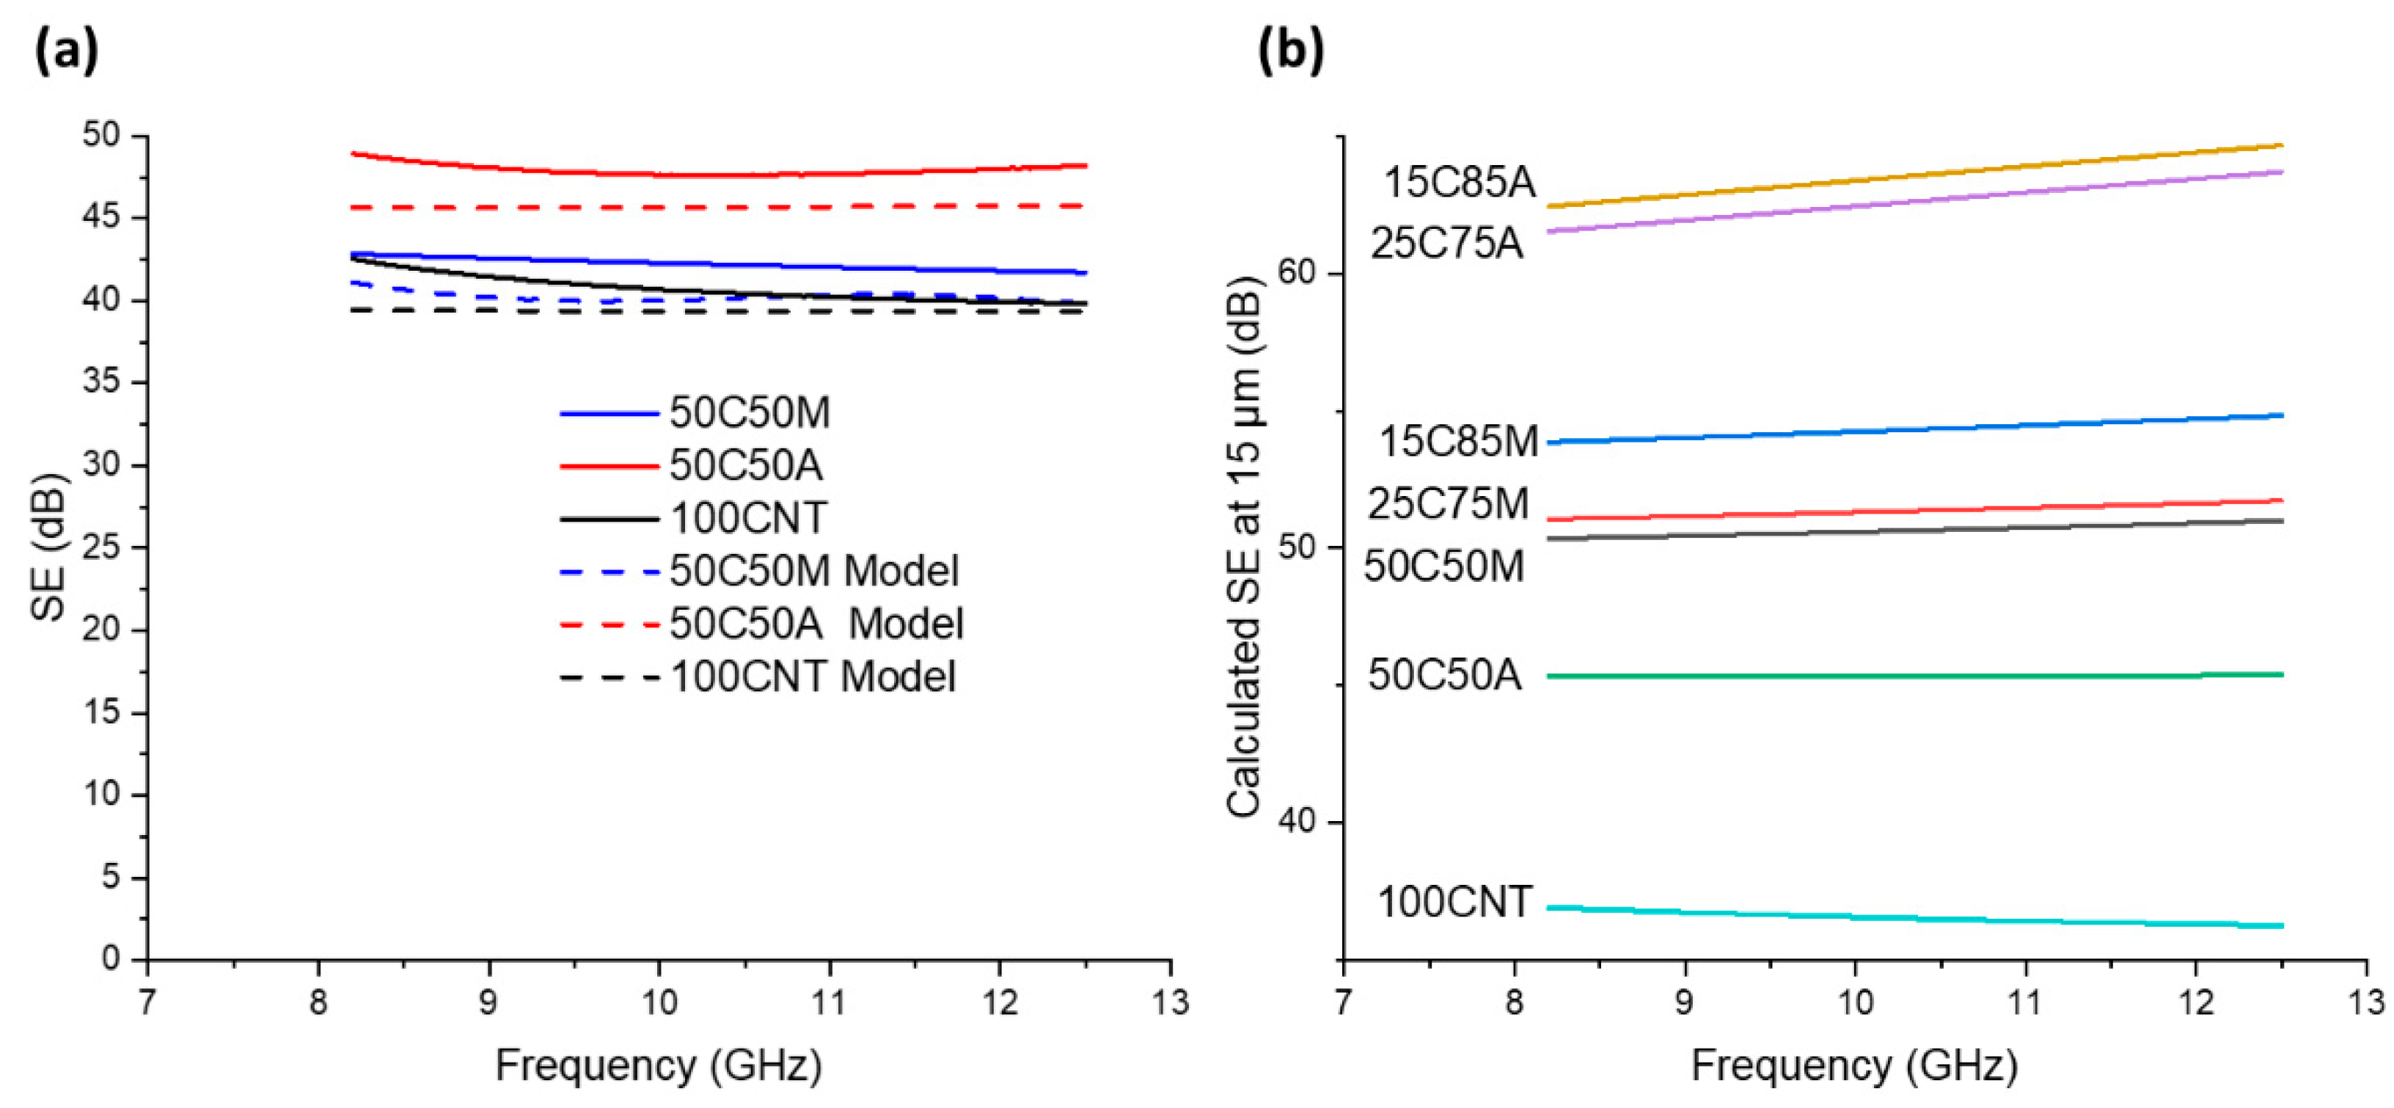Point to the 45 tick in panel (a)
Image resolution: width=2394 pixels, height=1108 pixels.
(101, 217)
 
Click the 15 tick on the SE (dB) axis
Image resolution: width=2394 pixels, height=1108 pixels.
(101, 712)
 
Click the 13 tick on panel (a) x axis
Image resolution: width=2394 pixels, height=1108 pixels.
(1169, 1003)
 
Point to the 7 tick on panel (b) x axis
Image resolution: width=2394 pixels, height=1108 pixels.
(1343, 1003)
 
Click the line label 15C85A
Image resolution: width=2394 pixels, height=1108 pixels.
(1459, 182)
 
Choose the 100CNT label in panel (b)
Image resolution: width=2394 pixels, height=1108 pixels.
(1454, 903)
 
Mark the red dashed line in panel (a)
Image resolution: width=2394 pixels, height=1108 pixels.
(716, 206)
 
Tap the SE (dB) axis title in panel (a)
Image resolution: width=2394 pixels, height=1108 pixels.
(48, 548)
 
